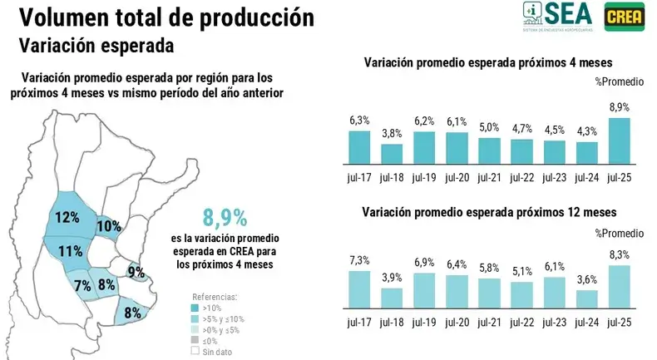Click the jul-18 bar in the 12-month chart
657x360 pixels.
[x=392, y=298]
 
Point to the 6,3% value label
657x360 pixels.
[x=359, y=121]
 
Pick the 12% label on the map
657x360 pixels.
[x=67, y=218]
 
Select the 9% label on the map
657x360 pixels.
[x=136, y=271]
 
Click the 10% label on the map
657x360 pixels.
[x=109, y=225]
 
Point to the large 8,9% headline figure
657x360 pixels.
[x=225, y=218]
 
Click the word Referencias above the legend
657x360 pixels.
[x=215, y=296]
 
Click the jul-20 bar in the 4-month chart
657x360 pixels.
[x=457, y=147]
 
